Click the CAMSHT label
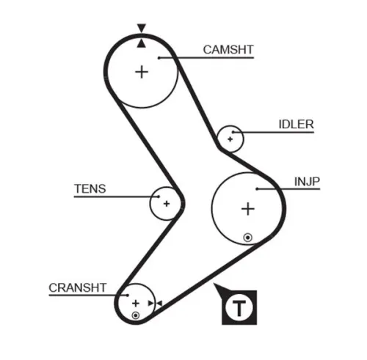pyautogui.click(x=228, y=50)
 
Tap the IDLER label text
pyautogui.click(x=296, y=125)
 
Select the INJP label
pyautogui.click(x=307, y=181)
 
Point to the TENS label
pyautogui.click(x=90, y=188)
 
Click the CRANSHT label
pyautogui.click(x=78, y=287)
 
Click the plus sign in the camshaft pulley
pyautogui.click(x=141, y=72)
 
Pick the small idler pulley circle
pyautogui.click(x=231, y=137)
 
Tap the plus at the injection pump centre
pyautogui.click(x=248, y=209)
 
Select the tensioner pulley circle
pyautogui.click(x=166, y=202)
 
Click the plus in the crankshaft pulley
pyautogui.click(x=135, y=302)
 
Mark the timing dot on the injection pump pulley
pyautogui.click(x=248, y=237)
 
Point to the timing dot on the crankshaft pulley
pyautogui.click(x=135, y=315)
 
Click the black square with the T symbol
pyautogui.click(x=239, y=308)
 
